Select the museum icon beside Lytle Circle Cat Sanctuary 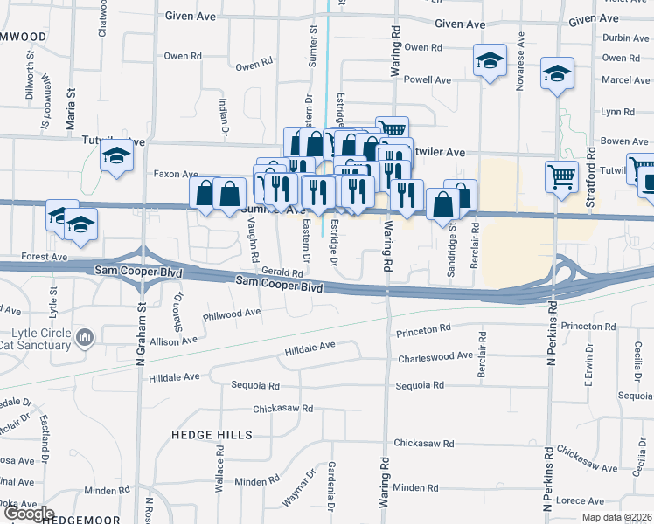[x=85, y=336]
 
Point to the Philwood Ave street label [x=232, y=313]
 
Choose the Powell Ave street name [x=428, y=79]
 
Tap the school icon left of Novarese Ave [x=490, y=60]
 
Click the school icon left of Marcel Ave [x=556, y=75]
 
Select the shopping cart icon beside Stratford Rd [x=561, y=176]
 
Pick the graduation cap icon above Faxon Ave [x=115, y=157]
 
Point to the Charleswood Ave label [x=435, y=358]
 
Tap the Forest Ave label [x=45, y=258]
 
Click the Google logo [x=29, y=514]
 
